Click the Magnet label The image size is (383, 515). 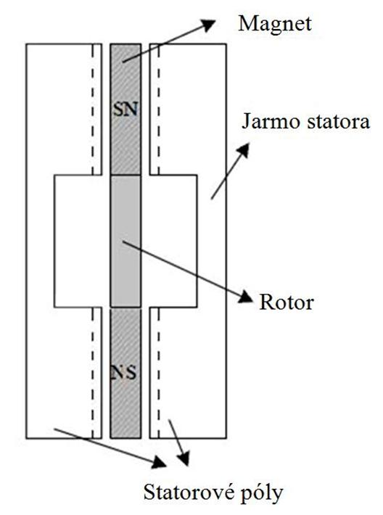point(275,25)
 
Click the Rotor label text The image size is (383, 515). point(287,302)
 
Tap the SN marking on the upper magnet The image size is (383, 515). point(125,109)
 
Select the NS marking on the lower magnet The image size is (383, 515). point(123,372)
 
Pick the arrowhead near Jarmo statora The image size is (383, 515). point(244,149)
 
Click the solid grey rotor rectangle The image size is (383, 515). point(125,241)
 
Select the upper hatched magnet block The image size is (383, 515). point(125,109)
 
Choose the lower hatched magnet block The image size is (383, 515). point(125,373)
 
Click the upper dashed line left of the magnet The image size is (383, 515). point(93,109)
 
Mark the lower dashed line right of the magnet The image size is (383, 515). point(158,373)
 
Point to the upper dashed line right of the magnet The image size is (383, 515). point(158,109)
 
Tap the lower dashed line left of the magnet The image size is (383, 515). point(93,373)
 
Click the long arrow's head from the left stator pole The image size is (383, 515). point(159,462)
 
